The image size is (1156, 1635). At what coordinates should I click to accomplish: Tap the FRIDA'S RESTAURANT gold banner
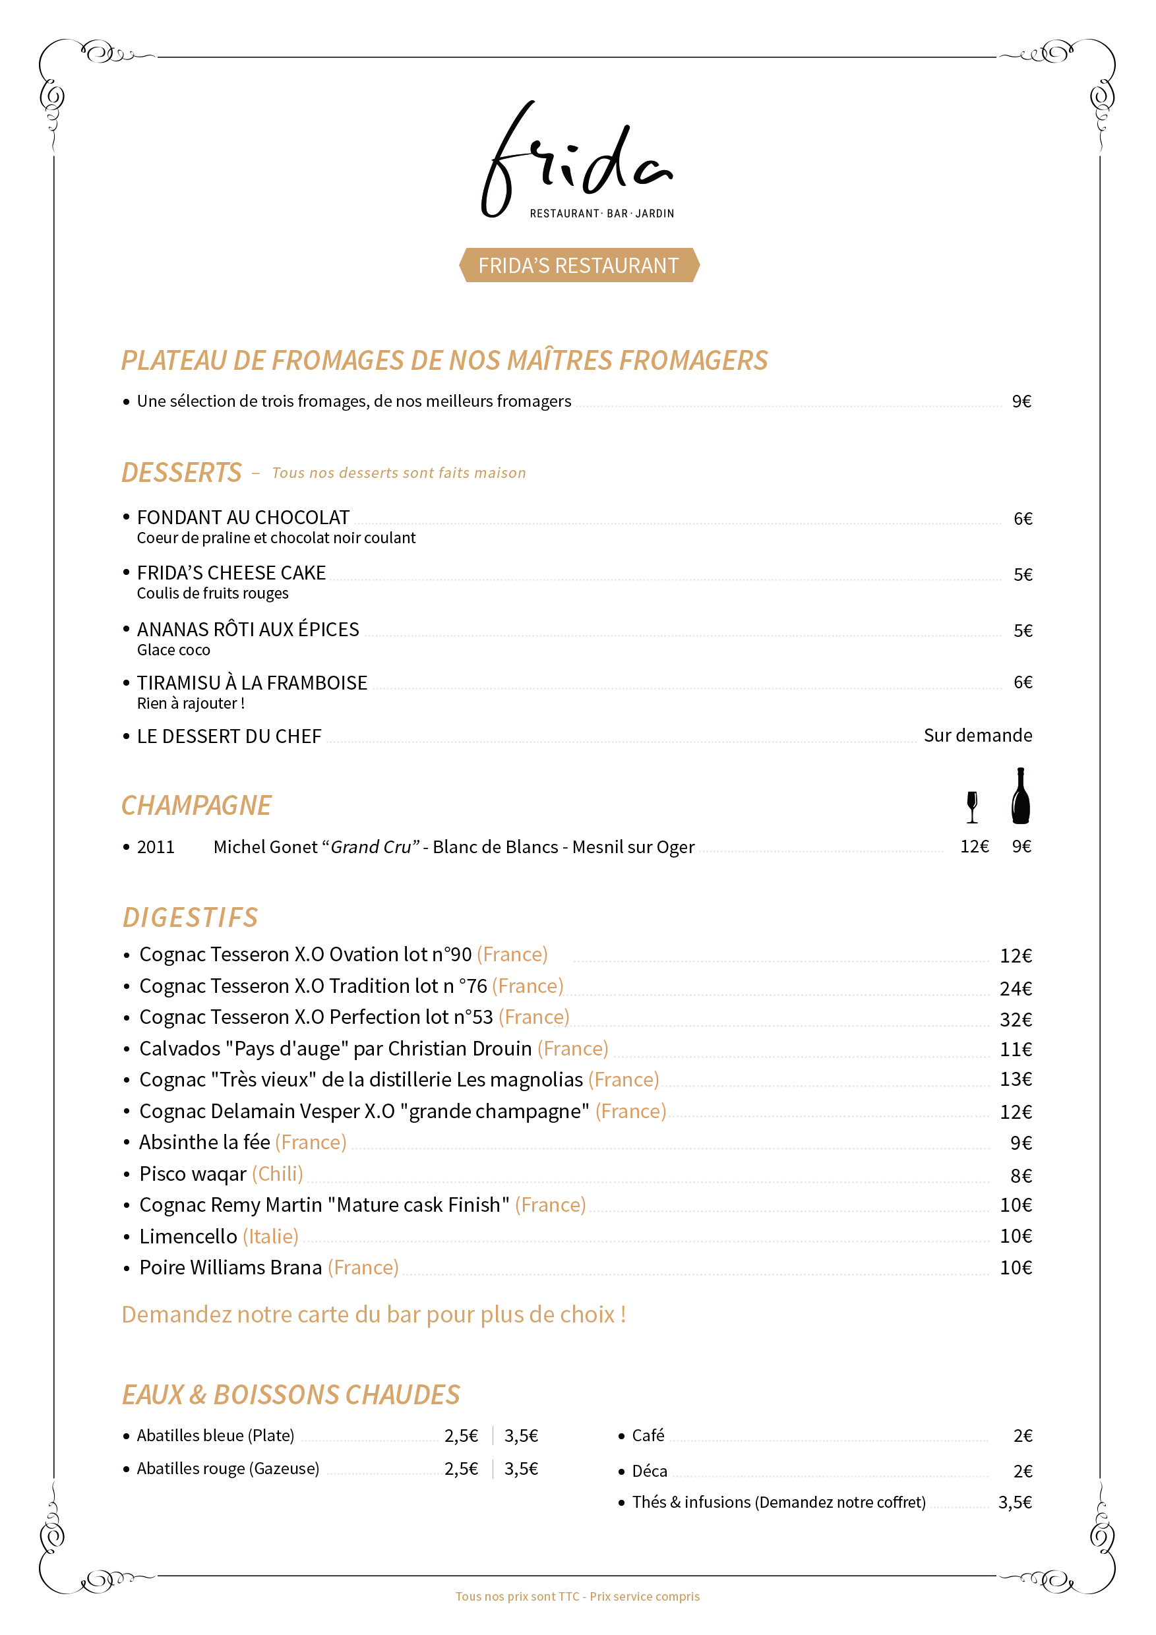pyautogui.click(x=578, y=266)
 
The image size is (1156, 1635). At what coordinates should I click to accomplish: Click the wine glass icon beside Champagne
pyautogui.click(x=971, y=807)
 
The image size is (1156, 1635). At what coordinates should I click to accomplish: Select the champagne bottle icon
pyautogui.click(x=1020, y=796)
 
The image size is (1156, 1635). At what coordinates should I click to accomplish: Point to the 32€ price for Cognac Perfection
pyautogui.click(x=1015, y=1020)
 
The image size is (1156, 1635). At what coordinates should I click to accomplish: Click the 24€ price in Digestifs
pyautogui.click(x=1015, y=988)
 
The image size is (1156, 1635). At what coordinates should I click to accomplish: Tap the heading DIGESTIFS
pyautogui.click(x=190, y=917)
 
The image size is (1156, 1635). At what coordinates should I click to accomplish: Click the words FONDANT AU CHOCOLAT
pyautogui.click(x=243, y=517)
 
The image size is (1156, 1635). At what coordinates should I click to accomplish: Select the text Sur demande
pyautogui.click(x=977, y=735)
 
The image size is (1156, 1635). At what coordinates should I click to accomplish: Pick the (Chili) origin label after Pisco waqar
pyautogui.click(x=277, y=1174)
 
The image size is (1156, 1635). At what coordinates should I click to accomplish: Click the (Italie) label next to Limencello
pyautogui.click(x=270, y=1236)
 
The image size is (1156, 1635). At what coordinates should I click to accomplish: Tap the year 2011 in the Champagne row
pyautogui.click(x=155, y=847)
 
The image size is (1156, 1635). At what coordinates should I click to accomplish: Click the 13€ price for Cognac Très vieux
pyautogui.click(x=1015, y=1079)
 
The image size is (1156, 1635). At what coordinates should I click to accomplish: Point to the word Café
pyautogui.click(x=648, y=1435)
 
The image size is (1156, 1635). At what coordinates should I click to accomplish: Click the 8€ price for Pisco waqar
pyautogui.click(x=1021, y=1175)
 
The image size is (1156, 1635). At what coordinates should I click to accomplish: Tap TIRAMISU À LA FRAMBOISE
pyautogui.click(x=251, y=683)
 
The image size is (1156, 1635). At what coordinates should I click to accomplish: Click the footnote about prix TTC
pyautogui.click(x=578, y=1597)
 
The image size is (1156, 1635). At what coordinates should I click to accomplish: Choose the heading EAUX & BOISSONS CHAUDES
pyautogui.click(x=291, y=1395)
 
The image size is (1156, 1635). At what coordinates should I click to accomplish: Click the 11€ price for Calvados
pyautogui.click(x=1015, y=1050)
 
